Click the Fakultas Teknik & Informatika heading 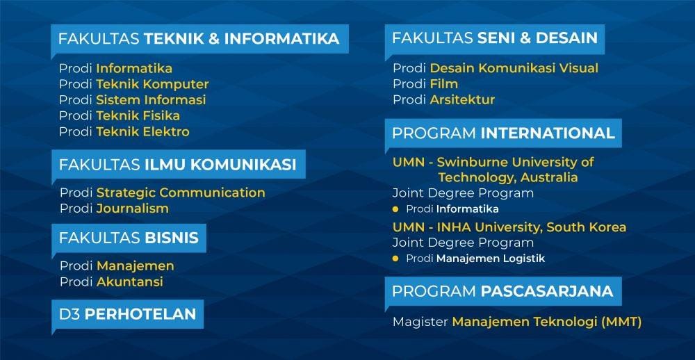point(199,39)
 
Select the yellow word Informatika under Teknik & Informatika point(134,68)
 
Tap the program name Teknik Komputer point(152,84)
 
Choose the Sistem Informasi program point(151,99)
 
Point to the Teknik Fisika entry point(138,115)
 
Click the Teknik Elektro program point(142,131)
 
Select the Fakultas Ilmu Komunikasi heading point(177,165)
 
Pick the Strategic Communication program point(181,193)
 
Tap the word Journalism point(132,208)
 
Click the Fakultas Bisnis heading point(129,238)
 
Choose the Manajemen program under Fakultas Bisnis point(135,265)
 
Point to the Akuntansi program point(129,281)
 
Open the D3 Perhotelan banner point(127,313)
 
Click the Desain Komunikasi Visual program point(514,68)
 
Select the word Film point(443,84)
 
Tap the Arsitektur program point(462,99)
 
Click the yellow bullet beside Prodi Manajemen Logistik point(395,259)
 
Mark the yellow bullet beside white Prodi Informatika point(395,208)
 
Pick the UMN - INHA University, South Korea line point(509,227)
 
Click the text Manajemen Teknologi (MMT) point(546,322)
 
